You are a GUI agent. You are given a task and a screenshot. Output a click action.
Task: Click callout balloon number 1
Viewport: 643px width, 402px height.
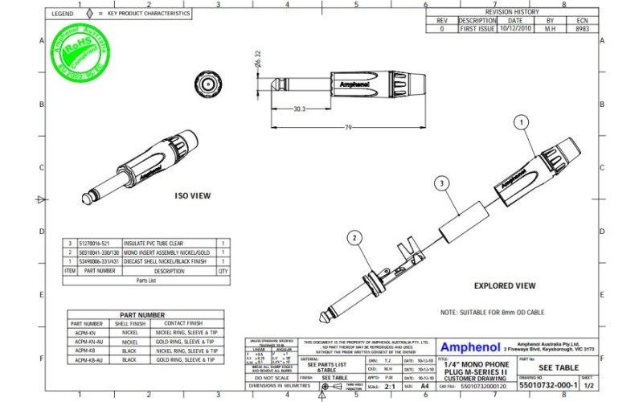coord(521,122)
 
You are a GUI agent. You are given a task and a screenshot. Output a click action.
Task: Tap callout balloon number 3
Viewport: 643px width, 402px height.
coord(440,183)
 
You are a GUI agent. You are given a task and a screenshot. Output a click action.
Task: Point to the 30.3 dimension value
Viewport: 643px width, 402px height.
coord(299,109)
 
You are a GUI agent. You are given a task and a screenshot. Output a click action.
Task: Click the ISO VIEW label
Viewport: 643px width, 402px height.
coord(193,195)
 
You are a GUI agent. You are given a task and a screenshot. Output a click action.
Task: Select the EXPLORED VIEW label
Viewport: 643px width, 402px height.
coord(504,285)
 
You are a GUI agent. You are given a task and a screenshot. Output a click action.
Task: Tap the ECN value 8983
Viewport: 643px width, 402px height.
coord(582,28)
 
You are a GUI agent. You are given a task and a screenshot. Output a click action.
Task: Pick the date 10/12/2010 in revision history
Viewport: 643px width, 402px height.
coord(514,28)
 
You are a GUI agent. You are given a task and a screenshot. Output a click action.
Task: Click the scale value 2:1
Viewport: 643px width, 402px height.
coord(391,386)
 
